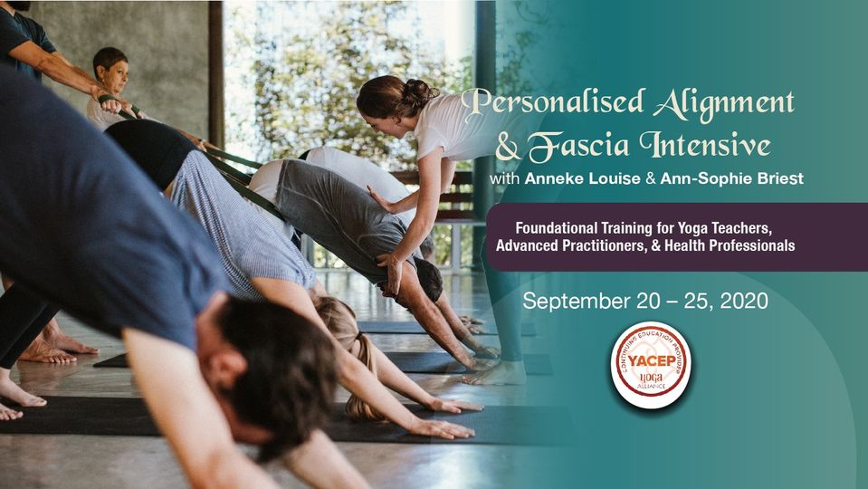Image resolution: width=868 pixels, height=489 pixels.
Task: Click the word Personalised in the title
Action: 553,103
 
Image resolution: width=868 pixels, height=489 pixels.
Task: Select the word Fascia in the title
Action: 578,146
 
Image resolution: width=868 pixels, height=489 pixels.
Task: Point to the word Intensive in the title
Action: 705,144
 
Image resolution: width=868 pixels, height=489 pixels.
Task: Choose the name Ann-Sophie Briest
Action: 731,179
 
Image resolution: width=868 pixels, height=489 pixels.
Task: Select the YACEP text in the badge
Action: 651,361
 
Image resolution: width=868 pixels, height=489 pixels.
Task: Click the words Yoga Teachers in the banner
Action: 723,227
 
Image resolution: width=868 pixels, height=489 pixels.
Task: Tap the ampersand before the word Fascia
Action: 508,146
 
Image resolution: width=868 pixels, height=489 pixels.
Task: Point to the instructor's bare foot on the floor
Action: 495,376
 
